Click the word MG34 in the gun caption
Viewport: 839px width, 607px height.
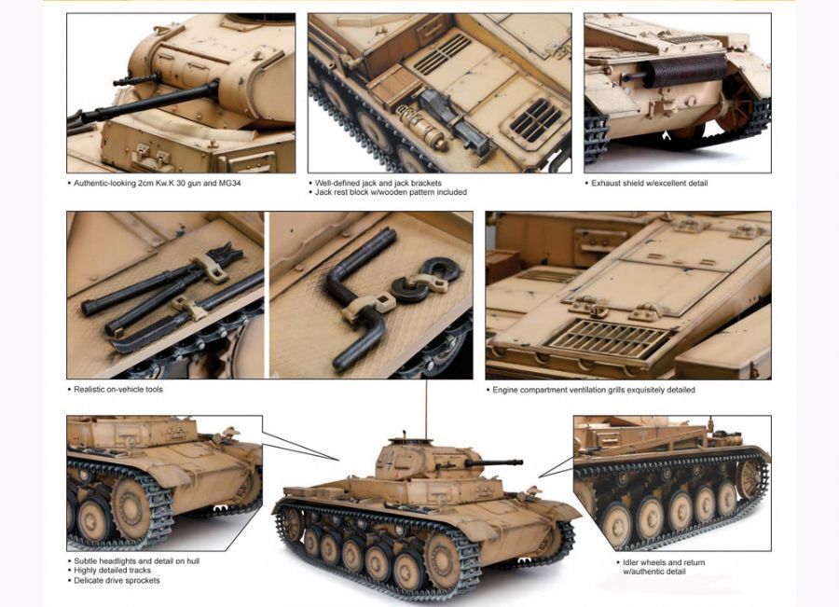click(230, 183)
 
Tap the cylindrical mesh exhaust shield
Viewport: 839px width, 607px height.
click(684, 70)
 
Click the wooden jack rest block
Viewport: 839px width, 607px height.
click(393, 88)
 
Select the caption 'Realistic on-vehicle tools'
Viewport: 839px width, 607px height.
click(118, 389)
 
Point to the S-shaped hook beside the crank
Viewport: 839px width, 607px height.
click(425, 279)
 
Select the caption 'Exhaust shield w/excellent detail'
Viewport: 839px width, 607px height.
click(650, 183)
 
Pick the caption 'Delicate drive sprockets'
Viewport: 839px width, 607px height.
click(117, 580)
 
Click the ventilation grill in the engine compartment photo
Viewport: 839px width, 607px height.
click(609, 339)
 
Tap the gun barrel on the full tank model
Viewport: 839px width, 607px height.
click(494, 462)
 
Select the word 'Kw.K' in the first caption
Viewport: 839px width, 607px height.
click(161, 183)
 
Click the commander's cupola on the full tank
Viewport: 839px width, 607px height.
click(409, 442)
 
